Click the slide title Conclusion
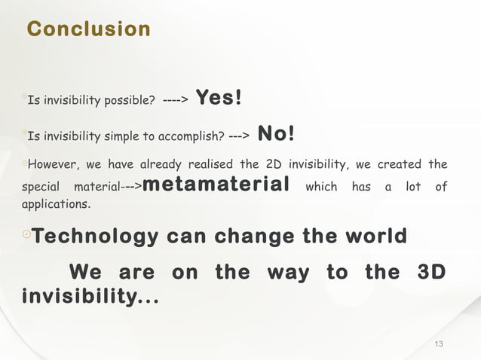(x=88, y=29)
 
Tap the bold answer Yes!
(x=219, y=98)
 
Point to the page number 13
(x=439, y=344)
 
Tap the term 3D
(x=430, y=272)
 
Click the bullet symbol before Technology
(x=26, y=237)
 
